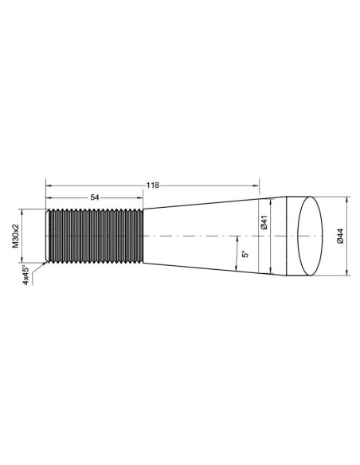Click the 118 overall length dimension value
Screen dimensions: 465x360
[x=153, y=185]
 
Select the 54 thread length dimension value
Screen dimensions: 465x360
[x=95, y=197]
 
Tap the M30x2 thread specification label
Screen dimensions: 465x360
[x=15, y=236]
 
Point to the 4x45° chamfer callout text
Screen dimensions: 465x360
[x=26, y=275]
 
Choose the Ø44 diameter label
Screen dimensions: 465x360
[x=340, y=236]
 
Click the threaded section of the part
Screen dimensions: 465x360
[x=95, y=236]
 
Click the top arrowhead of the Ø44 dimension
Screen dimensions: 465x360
[x=347, y=199]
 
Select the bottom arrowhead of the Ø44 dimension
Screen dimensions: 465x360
[x=347, y=272]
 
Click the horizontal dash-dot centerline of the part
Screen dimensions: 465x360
[x=199, y=236]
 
